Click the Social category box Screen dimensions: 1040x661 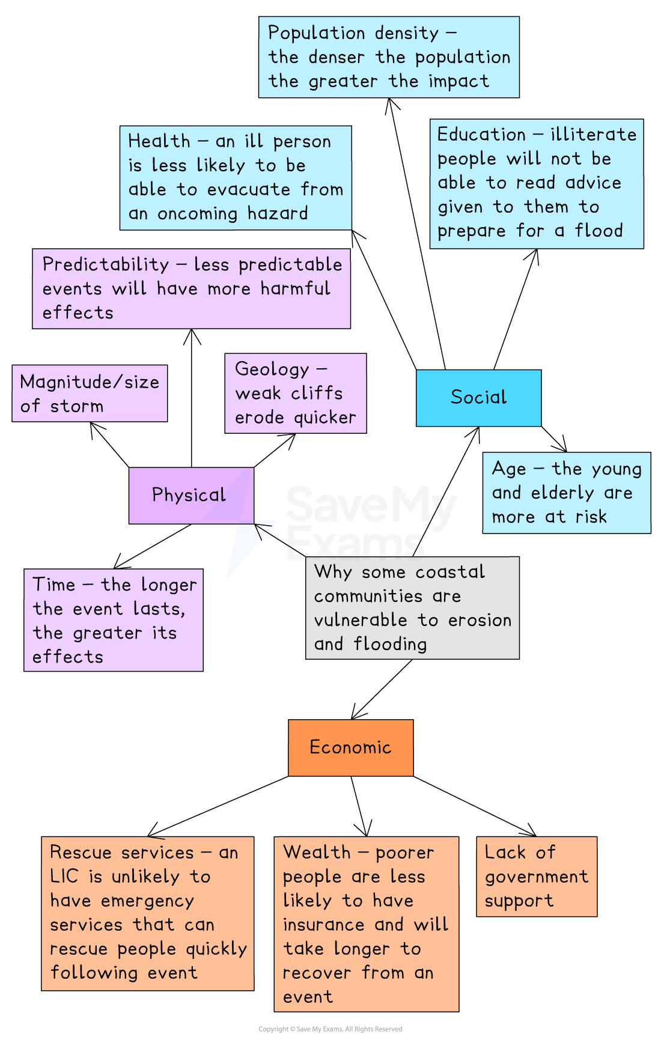click(x=478, y=398)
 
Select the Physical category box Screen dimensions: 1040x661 click(x=190, y=496)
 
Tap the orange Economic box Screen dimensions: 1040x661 click(x=350, y=747)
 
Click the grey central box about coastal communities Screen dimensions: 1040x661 click(x=412, y=607)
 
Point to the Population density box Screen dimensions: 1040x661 click(x=389, y=57)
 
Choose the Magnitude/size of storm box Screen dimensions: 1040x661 click(x=90, y=394)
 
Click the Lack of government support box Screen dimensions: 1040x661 click(x=536, y=876)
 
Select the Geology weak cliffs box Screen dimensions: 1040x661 click(x=295, y=393)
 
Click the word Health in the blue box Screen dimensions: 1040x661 click(x=159, y=141)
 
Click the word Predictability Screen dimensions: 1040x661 click(x=106, y=264)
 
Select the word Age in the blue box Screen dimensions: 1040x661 click(x=508, y=469)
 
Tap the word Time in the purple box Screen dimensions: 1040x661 click(x=53, y=585)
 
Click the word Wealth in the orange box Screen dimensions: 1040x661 click(x=317, y=853)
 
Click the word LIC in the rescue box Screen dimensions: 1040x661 click(x=64, y=877)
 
